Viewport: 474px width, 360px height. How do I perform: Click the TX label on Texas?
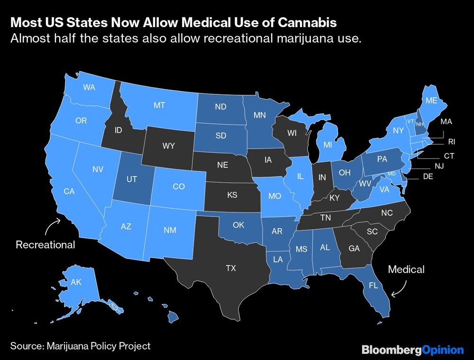pos(230,268)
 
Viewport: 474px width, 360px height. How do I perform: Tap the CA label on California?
pos(69,191)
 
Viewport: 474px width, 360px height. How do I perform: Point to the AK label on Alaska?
pos(76,282)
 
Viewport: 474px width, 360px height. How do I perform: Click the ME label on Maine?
pos(431,101)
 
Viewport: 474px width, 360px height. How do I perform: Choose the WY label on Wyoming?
pos(169,146)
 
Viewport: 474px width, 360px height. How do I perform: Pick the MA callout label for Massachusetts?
pos(446,121)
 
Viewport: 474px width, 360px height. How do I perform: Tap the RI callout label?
pos(451,141)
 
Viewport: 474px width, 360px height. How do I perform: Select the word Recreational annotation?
pos(46,245)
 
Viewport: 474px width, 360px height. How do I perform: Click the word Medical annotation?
pos(406,269)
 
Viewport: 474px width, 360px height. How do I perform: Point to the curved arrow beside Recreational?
pos(52,226)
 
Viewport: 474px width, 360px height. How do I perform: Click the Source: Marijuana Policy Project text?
pos(80,346)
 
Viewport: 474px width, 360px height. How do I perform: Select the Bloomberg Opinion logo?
pos(412,350)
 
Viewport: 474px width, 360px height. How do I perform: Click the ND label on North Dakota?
pos(220,107)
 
